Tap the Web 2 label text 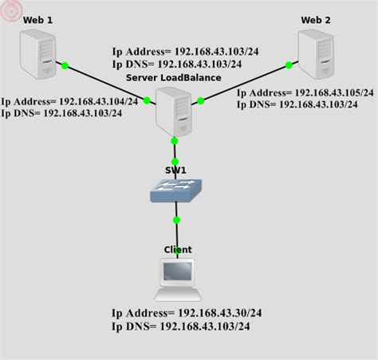pos(316,20)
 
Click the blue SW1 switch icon pos(175,188)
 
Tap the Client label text pos(178,249)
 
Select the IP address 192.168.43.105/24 pos(334,92)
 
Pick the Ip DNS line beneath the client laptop pos(187,327)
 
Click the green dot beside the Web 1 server pos(65,65)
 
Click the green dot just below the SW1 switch pos(176,220)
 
